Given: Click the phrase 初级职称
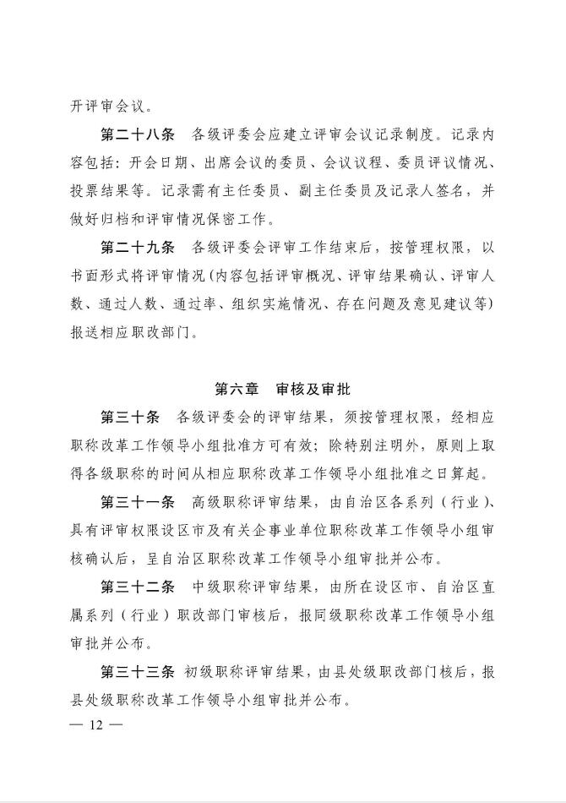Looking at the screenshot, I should point(210,672).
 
